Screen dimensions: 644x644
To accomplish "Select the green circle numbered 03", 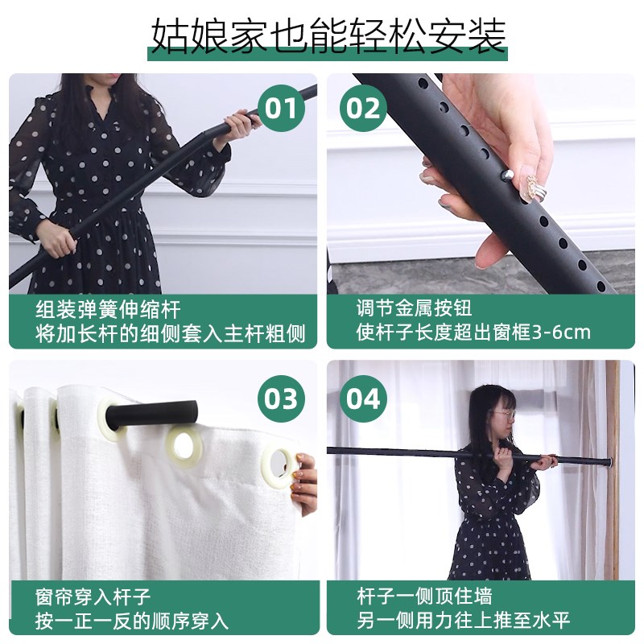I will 281,399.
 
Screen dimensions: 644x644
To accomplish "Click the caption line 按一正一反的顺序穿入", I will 132,621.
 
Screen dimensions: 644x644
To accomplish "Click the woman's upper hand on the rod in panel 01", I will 237,123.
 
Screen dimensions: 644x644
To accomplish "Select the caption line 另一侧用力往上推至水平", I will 463,621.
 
